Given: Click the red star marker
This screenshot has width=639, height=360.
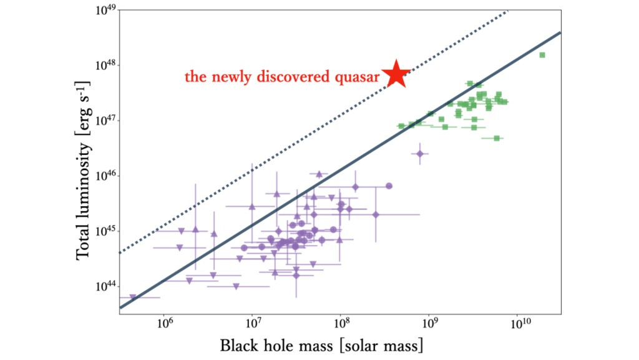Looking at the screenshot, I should tap(398, 74).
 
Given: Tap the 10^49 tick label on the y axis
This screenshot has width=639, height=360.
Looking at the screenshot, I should tap(105, 11).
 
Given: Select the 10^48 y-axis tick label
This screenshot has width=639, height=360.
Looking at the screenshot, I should tap(105, 66).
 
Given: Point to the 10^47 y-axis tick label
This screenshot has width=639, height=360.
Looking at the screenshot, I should tap(105, 121).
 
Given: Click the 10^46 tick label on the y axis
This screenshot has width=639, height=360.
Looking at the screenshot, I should tap(105, 176).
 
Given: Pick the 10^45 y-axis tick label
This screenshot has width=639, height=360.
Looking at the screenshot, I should tap(105, 231).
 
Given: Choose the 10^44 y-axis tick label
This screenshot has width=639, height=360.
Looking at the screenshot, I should tap(105, 286).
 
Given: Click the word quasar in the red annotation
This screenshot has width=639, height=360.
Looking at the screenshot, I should tap(361, 77).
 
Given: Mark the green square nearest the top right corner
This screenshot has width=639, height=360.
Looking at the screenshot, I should tap(542, 55).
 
